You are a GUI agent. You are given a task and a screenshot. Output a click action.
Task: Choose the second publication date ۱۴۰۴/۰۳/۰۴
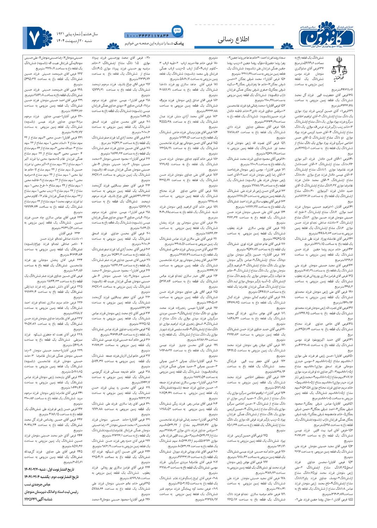tap(35, 477)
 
